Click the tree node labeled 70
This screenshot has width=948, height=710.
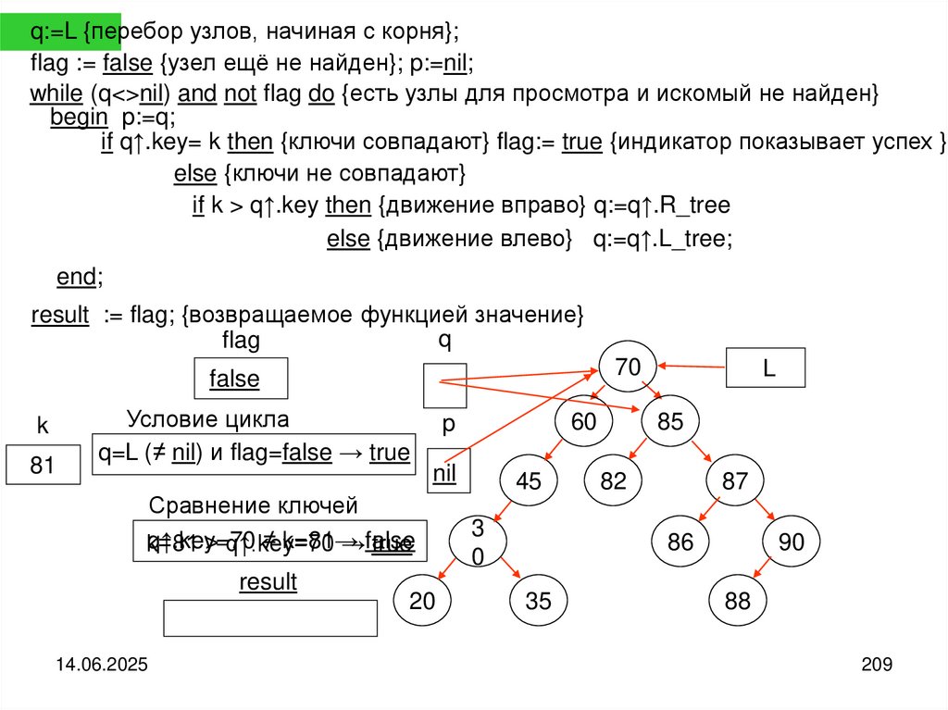(x=628, y=367)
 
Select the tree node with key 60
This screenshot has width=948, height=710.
(x=583, y=422)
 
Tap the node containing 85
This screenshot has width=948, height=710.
(x=670, y=422)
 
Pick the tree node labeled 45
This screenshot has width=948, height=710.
(x=528, y=481)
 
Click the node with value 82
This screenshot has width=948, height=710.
(x=613, y=481)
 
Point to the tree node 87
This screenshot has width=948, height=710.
(x=734, y=481)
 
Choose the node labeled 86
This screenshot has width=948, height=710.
(x=680, y=542)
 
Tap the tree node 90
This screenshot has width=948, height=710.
(x=792, y=542)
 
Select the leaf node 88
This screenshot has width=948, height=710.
(x=738, y=601)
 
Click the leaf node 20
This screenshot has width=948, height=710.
(x=422, y=601)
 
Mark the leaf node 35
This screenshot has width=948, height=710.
(x=538, y=601)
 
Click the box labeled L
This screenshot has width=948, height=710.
(x=767, y=367)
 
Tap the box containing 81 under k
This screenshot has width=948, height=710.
(x=43, y=466)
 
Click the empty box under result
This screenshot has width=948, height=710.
(x=270, y=618)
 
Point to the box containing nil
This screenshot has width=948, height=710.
(x=446, y=471)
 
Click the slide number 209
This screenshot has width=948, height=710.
(x=875, y=664)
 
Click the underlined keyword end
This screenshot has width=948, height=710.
(x=77, y=277)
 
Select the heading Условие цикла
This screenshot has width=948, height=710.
(x=208, y=418)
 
